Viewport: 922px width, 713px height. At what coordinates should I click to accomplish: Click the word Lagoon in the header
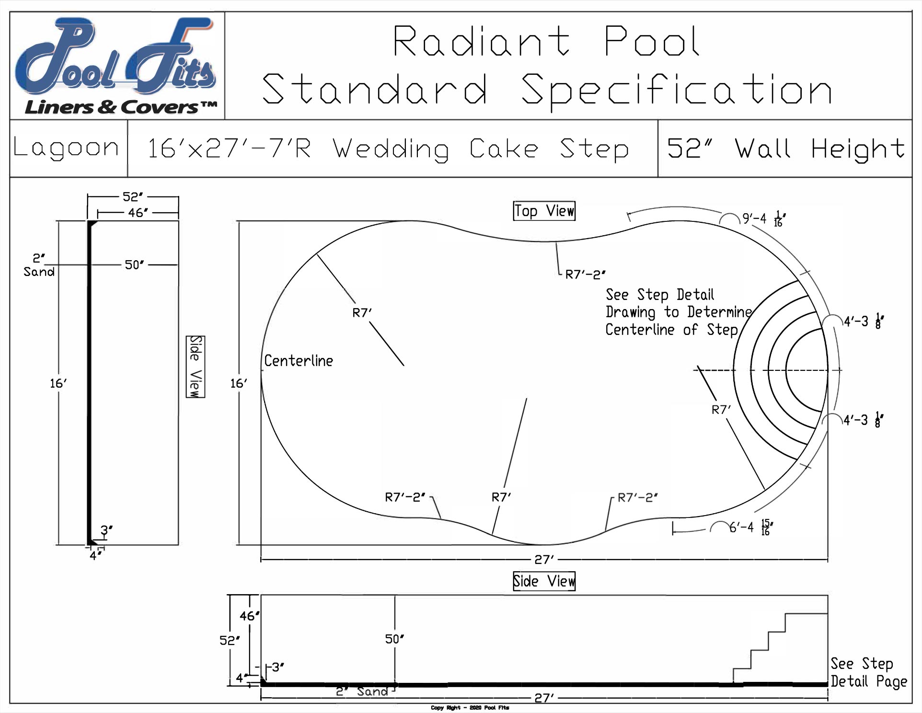coord(66,148)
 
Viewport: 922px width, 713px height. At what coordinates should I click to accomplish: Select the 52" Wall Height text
coord(786,149)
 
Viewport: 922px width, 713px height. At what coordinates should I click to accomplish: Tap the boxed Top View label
coord(544,211)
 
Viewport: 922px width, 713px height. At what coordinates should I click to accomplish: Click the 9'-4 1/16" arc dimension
coord(763,219)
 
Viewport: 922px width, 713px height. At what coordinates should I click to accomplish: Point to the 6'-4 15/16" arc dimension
coord(750,528)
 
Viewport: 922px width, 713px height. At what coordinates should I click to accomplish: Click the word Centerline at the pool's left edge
coord(299,361)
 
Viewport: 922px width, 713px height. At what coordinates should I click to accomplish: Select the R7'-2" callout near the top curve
coord(585,275)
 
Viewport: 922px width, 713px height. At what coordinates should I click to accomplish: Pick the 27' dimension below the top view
coord(544,560)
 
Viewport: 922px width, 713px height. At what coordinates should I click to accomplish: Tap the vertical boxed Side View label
coord(196,367)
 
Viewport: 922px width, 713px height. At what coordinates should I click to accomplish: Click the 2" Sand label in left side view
coord(39,265)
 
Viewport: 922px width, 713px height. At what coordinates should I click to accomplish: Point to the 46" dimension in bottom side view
coord(249,616)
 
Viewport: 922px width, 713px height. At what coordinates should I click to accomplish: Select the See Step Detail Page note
coord(868,672)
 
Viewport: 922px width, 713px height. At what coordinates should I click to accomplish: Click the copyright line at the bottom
coord(470,708)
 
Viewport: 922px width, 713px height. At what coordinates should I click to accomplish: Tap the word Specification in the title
coord(677,90)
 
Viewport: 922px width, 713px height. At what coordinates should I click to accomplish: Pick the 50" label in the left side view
coord(134,265)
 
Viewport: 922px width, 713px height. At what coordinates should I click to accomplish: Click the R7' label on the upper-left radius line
coord(362,313)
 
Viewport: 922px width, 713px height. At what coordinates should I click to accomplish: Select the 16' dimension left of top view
coord(239,383)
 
